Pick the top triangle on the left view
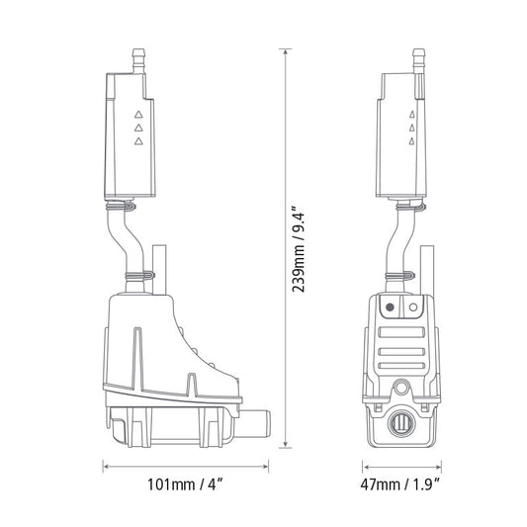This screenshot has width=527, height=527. click(138, 111)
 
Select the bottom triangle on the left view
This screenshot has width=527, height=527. click(138, 142)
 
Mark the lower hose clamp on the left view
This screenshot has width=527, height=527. click(138, 274)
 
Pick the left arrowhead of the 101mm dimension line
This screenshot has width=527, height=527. click(105, 462)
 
